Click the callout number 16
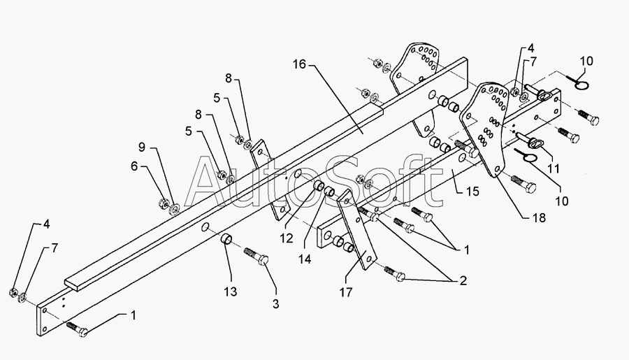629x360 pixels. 299,64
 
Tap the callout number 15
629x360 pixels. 473,191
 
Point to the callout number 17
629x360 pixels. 346,292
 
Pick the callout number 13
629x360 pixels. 230,291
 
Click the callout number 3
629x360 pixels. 275,304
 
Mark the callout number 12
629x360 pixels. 287,238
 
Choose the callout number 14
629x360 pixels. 305,259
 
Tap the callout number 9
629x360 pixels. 142,147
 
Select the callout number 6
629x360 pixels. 134,166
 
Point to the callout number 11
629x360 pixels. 554,168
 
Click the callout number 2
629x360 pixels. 463,281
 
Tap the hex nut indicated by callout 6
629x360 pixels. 164,202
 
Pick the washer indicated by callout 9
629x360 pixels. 175,208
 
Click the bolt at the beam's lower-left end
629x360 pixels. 78,329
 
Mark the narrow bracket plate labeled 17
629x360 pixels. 356,231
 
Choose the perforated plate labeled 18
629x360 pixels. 486,129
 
